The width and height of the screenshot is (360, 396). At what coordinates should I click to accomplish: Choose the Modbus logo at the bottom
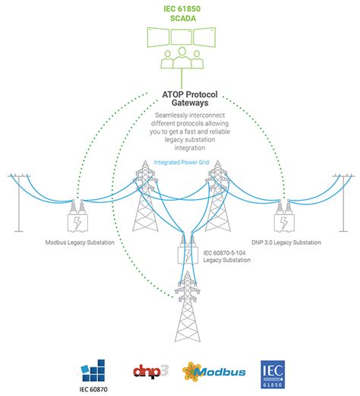coord(212,372)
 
